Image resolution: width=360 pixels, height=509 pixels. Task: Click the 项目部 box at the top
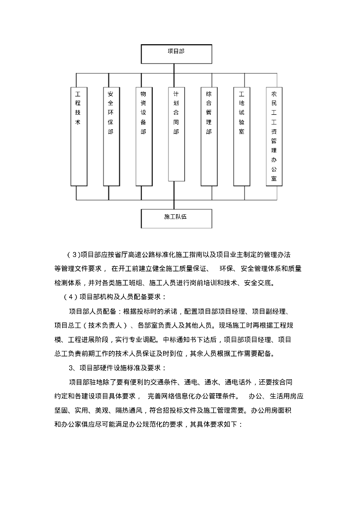pos(177,51)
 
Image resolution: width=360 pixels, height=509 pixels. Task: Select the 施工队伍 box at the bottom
pos(177,217)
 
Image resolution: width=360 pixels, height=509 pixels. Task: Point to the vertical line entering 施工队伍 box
pos(175,204)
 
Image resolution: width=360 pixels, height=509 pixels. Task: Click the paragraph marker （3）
pos(72,255)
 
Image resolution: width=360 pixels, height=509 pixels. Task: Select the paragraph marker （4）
pos(70,298)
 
